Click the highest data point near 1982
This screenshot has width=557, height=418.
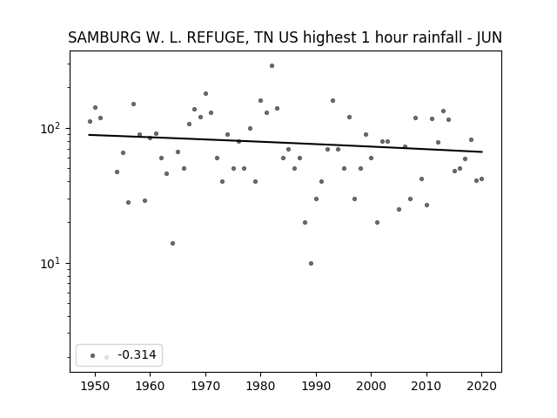click(272, 66)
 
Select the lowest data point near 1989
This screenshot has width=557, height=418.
click(311, 263)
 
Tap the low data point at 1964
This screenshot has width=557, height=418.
click(172, 244)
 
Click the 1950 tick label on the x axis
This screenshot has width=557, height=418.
click(95, 386)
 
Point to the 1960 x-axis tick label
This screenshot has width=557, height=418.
click(150, 386)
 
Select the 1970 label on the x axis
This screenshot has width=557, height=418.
click(205, 386)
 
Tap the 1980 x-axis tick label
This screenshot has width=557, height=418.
click(260, 386)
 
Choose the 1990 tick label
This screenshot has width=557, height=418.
click(316, 386)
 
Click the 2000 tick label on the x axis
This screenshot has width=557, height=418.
click(371, 386)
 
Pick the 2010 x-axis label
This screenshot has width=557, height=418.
click(426, 386)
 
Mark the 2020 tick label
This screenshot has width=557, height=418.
click(481, 386)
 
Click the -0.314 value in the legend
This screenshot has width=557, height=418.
click(137, 354)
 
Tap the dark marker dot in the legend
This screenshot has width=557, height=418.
click(93, 355)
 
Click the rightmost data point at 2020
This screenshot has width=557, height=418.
click(481, 179)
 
